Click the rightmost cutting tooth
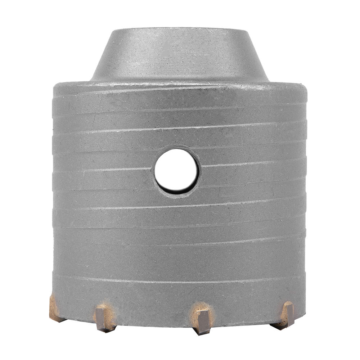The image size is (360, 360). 287,314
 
